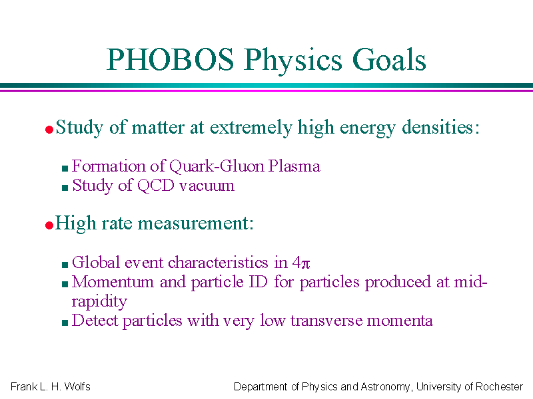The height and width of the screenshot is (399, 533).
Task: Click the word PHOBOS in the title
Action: (x=171, y=59)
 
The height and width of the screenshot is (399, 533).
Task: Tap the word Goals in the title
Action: (x=389, y=59)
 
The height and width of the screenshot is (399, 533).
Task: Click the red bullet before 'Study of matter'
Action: (x=49, y=129)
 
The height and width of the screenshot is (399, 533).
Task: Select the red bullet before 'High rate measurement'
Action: (x=49, y=225)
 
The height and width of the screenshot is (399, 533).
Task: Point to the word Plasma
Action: (x=294, y=166)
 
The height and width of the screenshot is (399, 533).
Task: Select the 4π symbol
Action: (x=301, y=262)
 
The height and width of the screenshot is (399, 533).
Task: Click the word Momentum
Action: (x=113, y=281)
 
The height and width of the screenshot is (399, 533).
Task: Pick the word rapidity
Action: (x=99, y=301)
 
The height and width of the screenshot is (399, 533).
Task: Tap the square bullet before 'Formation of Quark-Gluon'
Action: (x=65, y=168)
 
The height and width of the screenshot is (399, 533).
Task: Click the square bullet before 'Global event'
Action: (x=65, y=265)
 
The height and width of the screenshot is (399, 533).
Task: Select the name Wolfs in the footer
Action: (x=77, y=386)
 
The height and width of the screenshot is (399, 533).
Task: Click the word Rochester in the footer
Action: (x=499, y=386)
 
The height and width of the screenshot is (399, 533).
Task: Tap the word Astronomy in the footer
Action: (x=385, y=387)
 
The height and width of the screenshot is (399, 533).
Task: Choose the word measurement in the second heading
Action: (x=193, y=223)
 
